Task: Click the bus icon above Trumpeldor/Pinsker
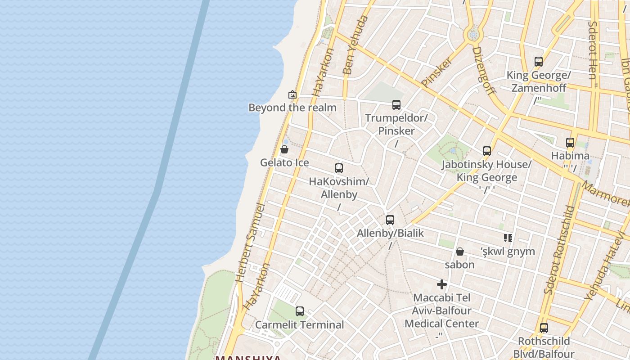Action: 396,105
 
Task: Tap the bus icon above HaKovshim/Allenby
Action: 339,168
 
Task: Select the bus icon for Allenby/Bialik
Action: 390,220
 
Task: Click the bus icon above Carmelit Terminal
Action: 300,311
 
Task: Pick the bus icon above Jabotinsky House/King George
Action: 486,151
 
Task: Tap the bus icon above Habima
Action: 570,143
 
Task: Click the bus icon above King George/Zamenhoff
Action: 539,62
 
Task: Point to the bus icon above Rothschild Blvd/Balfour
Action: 544,328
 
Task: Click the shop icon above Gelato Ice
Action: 284,149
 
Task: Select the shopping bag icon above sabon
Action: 459,252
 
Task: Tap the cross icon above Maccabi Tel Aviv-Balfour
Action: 442,284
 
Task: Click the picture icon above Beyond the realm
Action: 292,94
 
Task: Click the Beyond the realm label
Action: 292,108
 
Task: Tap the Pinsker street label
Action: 436,72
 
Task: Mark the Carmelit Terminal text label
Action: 300,324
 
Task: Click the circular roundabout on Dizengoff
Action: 473,35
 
